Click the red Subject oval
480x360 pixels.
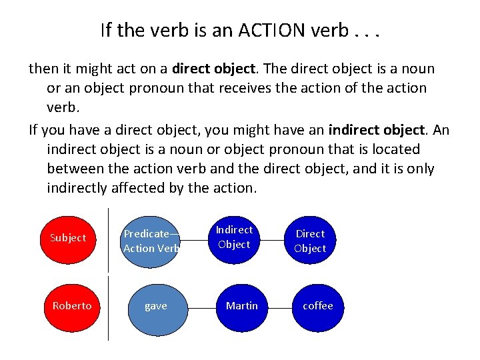pyautogui.click(x=67, y=237)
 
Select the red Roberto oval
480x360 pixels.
pyautogui.click(x=71, y=305)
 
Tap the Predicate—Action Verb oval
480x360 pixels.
pyautogui.click(x=151, y=241)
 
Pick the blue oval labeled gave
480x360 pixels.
pyautogui.click(x=155, y=306)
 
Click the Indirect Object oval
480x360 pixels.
pyautogui.click(x=234, y=237)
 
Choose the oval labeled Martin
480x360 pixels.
pyautogui.click(x=241, y=305)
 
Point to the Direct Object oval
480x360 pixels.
pyautogui.click(x=310, y=241)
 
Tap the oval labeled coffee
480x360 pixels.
pyautogui.click(x=317, y=305)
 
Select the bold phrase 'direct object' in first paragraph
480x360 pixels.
pyautogui.click(x=213, y=69)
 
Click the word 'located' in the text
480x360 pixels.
pyautogui.click(x=395, y=149)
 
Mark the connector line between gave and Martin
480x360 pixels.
pyautogui.click(x=201, y=307)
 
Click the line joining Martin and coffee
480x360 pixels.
pyautogui.click(x=279, y=307)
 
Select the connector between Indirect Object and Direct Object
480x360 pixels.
pyautogui.click(x=272, y=239)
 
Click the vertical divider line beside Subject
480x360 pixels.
pyautogui.click(x=108, y=240)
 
